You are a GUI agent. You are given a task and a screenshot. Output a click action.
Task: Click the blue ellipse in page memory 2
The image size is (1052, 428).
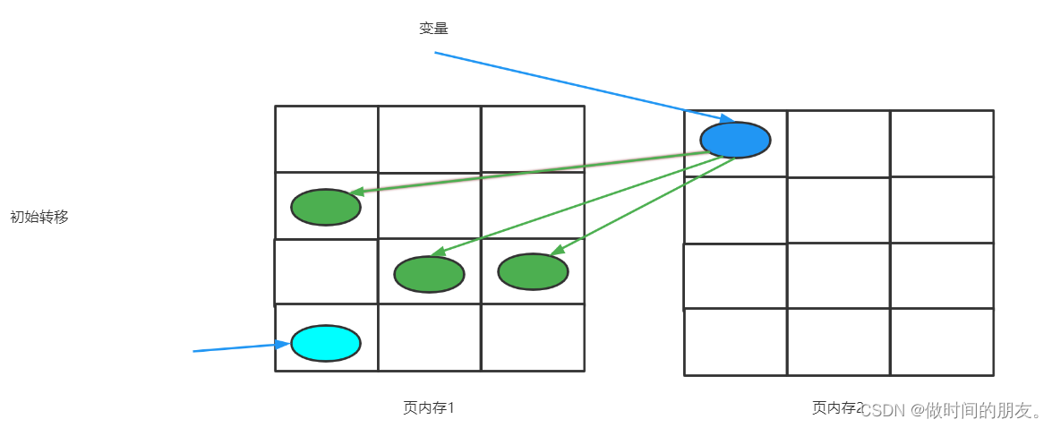(734, 140)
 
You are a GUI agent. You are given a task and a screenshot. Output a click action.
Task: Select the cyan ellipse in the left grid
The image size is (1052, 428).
(326, 343)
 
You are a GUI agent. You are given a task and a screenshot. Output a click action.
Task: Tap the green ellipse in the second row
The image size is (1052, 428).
(326, 207)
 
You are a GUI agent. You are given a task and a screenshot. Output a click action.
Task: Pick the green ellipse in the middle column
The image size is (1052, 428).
(429, 274)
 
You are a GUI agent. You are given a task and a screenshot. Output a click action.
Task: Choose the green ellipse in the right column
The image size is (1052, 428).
(533, 272)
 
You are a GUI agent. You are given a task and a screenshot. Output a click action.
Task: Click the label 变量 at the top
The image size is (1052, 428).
(433, 29)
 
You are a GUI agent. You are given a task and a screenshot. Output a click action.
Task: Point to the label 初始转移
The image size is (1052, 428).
(38, 217)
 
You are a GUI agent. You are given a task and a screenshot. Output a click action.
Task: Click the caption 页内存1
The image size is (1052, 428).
(429, 408)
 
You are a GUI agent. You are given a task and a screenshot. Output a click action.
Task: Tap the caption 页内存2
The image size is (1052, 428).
(836, 408)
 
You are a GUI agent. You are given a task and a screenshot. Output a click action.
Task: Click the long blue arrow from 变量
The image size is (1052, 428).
(582, 86)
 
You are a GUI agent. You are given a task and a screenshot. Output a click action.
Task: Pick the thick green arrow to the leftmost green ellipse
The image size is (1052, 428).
(528, 172)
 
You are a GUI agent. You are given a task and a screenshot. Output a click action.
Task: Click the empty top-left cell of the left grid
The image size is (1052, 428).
(326, 139)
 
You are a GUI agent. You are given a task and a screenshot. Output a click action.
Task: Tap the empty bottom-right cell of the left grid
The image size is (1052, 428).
(533, 338)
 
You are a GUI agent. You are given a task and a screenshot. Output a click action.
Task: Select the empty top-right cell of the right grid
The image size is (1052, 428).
(942, 143)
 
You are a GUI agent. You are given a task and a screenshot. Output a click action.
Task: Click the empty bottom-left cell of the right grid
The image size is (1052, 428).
(735, 342)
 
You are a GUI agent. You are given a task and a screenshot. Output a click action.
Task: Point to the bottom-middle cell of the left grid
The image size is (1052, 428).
(429, 338)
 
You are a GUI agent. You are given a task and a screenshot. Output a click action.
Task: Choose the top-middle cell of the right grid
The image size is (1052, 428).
(838, 143)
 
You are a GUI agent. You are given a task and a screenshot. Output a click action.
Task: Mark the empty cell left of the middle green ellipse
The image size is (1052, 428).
(326, 272)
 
